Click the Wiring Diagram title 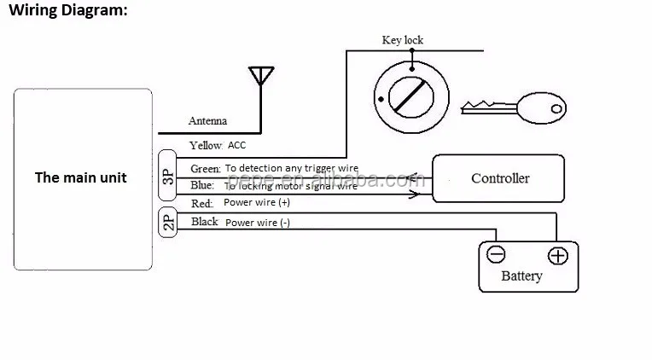click(68, 10)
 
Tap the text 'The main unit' click(81, 177)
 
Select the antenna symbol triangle click(261, 75)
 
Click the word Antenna click(207, 120)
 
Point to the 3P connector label click(167, 177)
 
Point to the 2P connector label click(168, 223)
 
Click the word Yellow click(206, 146)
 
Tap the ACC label click(236, 145)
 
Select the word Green click(206, 168)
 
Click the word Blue click(202, 185)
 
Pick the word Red click(201, 203)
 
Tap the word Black click(205, 222)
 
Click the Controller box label click(500, 178)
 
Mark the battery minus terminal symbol click(496, 254)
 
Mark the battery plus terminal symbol click(557, 256)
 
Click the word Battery click(521, 276)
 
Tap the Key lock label click(403, 40)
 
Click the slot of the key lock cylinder click(410, 96)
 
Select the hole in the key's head click(556, 109)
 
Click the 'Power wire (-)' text click(258, 223)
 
